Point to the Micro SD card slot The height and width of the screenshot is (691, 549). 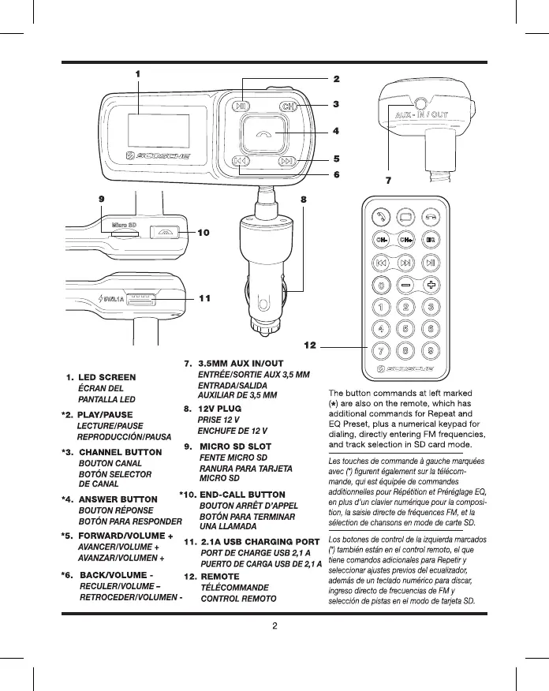(x=125, y=234)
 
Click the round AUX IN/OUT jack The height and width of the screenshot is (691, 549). (x=421, y=104)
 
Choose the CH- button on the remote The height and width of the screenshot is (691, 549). (x=382, y=238)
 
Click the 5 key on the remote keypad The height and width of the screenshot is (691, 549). (x=407, y=328)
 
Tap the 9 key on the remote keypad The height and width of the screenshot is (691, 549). (x=432, y=350)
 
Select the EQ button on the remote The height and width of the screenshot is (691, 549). (x=432, y=238)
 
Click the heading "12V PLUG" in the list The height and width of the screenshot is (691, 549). (x=218, y=409)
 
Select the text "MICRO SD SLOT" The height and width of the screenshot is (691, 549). (x=236, y=447)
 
